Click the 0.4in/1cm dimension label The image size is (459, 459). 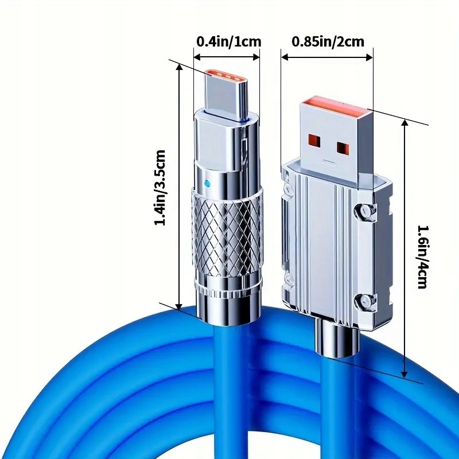click(x=228, y=41)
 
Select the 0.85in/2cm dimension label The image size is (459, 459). click(x=327, y=41)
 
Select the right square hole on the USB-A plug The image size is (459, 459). click(x=343, y=149)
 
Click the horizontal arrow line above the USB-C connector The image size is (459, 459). click(x=226, y=56)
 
